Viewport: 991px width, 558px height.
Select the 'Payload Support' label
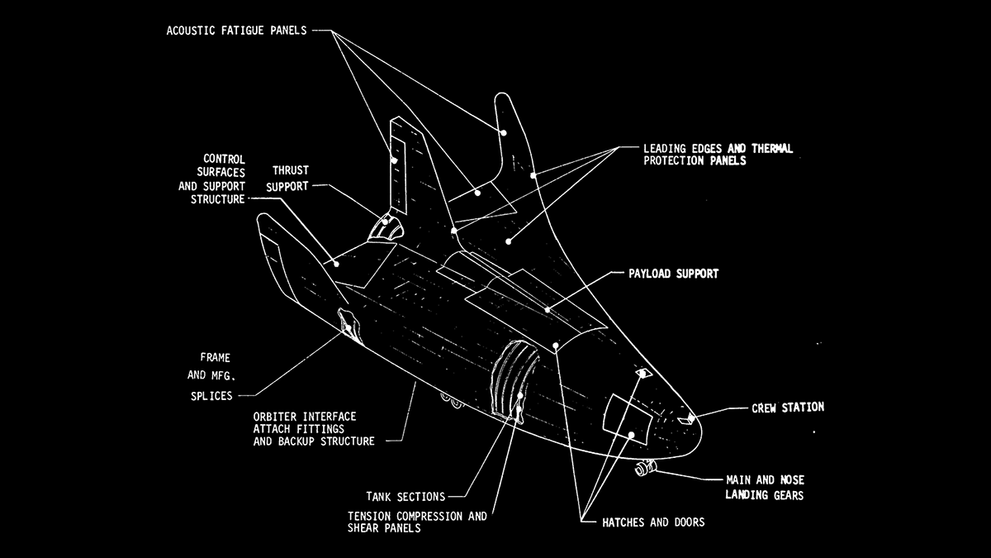coord(673,273)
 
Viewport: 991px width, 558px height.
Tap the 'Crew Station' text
coord(787,408)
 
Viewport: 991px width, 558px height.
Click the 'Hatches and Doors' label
coord(642,522)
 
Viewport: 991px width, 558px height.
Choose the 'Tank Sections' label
coord(405,497)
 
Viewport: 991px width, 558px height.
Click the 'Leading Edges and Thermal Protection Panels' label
coord(717,155)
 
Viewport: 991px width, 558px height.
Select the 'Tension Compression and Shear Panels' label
coord(417,522)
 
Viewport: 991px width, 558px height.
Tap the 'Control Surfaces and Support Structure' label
coord(211,179)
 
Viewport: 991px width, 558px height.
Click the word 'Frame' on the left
coord(216,358)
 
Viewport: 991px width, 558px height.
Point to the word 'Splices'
coord(211,395)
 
